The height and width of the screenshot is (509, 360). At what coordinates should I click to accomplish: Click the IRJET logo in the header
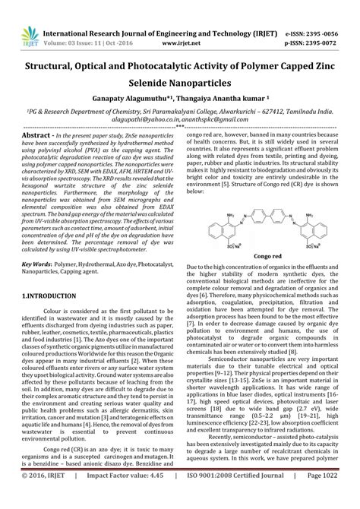coord(30,15)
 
